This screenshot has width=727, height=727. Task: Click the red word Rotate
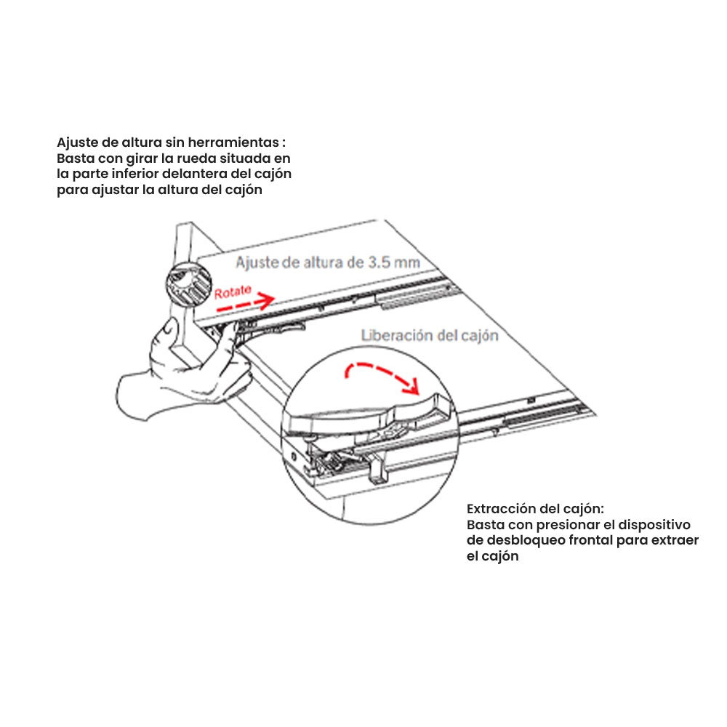[x=233, y=292]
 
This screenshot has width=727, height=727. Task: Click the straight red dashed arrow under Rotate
[x=245, y=302]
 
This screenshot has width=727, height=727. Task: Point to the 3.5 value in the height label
[x=379, y=262]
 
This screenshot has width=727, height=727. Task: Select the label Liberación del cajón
[x=430, y=335]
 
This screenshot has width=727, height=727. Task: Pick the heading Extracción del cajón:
[x=535, y=509]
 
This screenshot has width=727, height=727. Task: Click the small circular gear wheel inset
[x=189, y=284]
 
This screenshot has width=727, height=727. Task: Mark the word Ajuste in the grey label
[x=257, y=263]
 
